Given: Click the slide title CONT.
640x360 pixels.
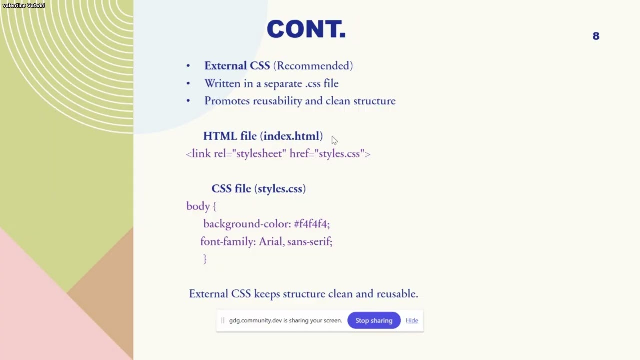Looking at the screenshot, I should (306, 29).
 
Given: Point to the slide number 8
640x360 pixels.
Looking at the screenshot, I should (596, 36).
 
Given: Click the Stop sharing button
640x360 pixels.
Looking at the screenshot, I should (374, 321).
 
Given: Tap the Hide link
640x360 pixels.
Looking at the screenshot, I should (412, 321).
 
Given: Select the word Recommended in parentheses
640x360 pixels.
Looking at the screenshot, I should (313, 66).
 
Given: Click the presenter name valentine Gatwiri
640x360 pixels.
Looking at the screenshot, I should (24, 5).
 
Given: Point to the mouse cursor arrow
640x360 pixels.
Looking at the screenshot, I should (334, 140).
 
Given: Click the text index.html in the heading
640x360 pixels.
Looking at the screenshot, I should (292, 136).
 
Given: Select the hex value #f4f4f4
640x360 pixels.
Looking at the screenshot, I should (311, 224).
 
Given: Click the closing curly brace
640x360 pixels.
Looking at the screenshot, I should (205, 259).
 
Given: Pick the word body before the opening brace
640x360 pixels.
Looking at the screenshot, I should (198, 206).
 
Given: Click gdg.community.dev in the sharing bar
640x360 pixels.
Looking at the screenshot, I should (254, 321).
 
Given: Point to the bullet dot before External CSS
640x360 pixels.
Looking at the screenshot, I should (188, 66).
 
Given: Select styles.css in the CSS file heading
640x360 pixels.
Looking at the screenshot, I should (280, 189).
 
